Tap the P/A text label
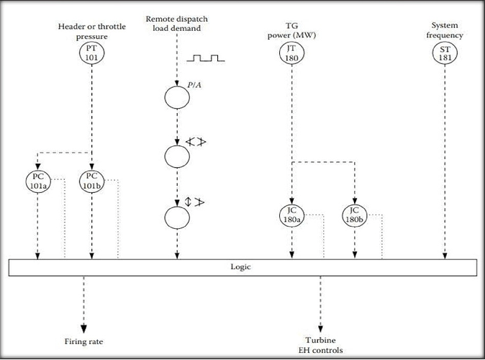(x=194, y=85)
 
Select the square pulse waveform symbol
(x=206, y=58)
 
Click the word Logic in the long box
(x=240, y=267)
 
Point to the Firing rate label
(x=83, y=341)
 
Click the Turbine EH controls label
(x=320, y=345)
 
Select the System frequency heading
(x=445, y=30)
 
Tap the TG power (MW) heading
(x=291, y=30)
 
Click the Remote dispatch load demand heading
(x=177, y=24)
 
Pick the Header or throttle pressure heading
(x=92, y=31)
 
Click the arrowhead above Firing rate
(x=83, y=329)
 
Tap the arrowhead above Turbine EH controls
(x=320, y=328)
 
